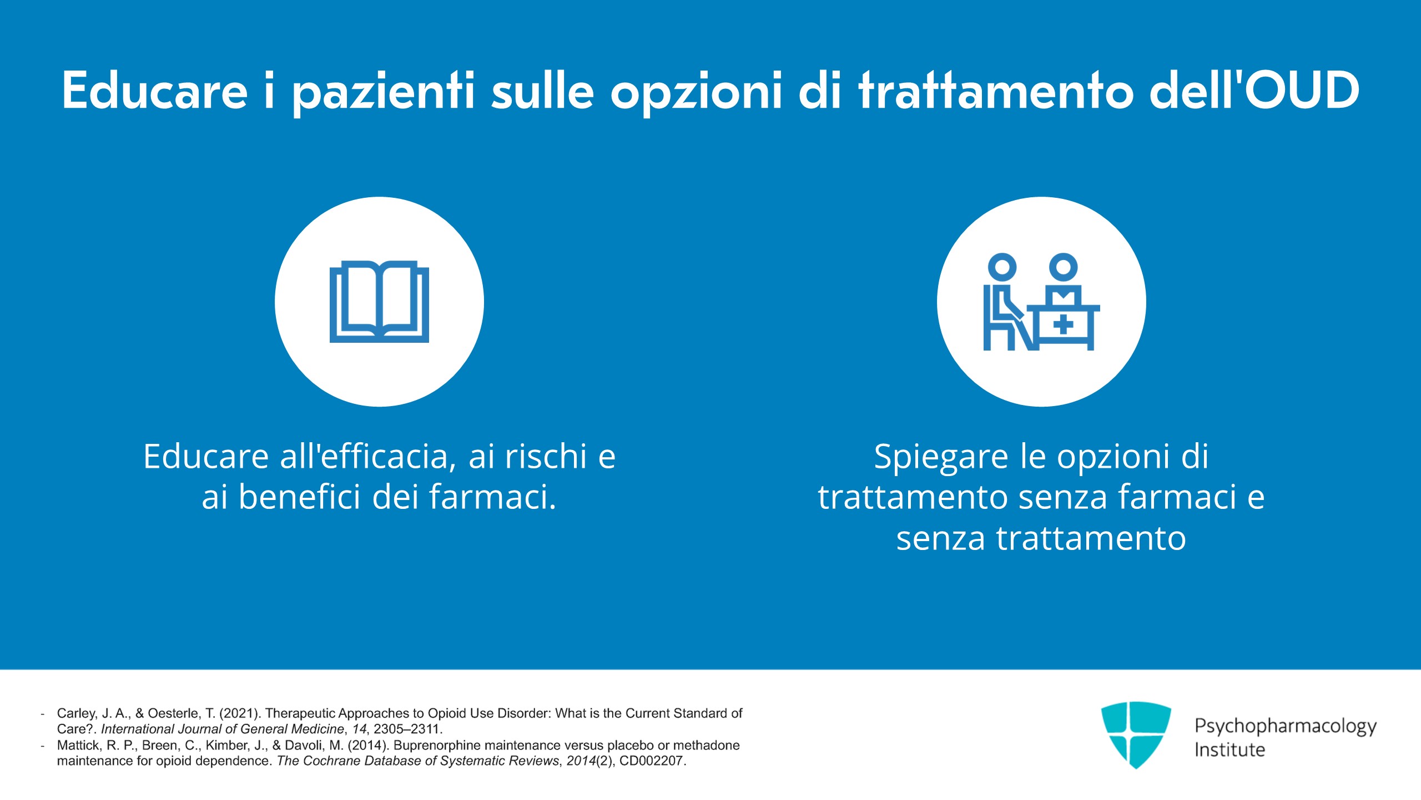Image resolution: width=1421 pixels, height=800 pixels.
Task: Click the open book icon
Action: pyautogui.click(x=379, y=302)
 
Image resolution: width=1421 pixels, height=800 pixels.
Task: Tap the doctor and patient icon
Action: pyautogui.click(x=1041, y=302)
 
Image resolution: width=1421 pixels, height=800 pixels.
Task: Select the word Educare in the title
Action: pyautogui.click(x=155, y=90)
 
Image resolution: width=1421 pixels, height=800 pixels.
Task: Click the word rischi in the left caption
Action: pyautogui.click(x=545, y=456)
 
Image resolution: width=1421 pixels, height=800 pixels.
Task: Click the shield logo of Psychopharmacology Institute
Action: pyautogui.click(x=1136, y=734)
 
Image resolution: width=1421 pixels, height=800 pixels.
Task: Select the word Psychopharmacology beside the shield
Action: pyautogui.click(x=1286, y=727)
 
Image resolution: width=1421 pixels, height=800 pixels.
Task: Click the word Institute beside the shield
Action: pyautogui.click(x=1229, y=749)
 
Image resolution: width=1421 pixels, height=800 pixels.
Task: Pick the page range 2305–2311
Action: pyautogui.click(x=406, y=729)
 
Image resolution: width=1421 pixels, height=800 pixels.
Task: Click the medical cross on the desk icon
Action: pyautogui.click(x=1063, y=325)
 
